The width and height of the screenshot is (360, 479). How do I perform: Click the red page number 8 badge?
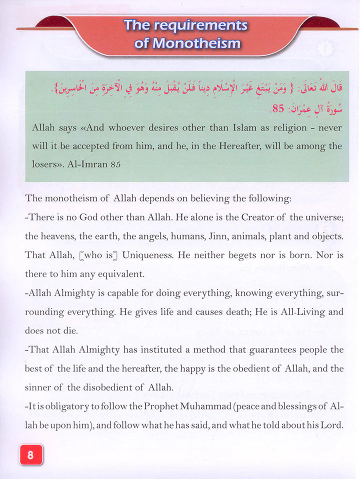[30, 454]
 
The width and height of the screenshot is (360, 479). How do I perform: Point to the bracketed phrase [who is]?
[99, 254]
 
